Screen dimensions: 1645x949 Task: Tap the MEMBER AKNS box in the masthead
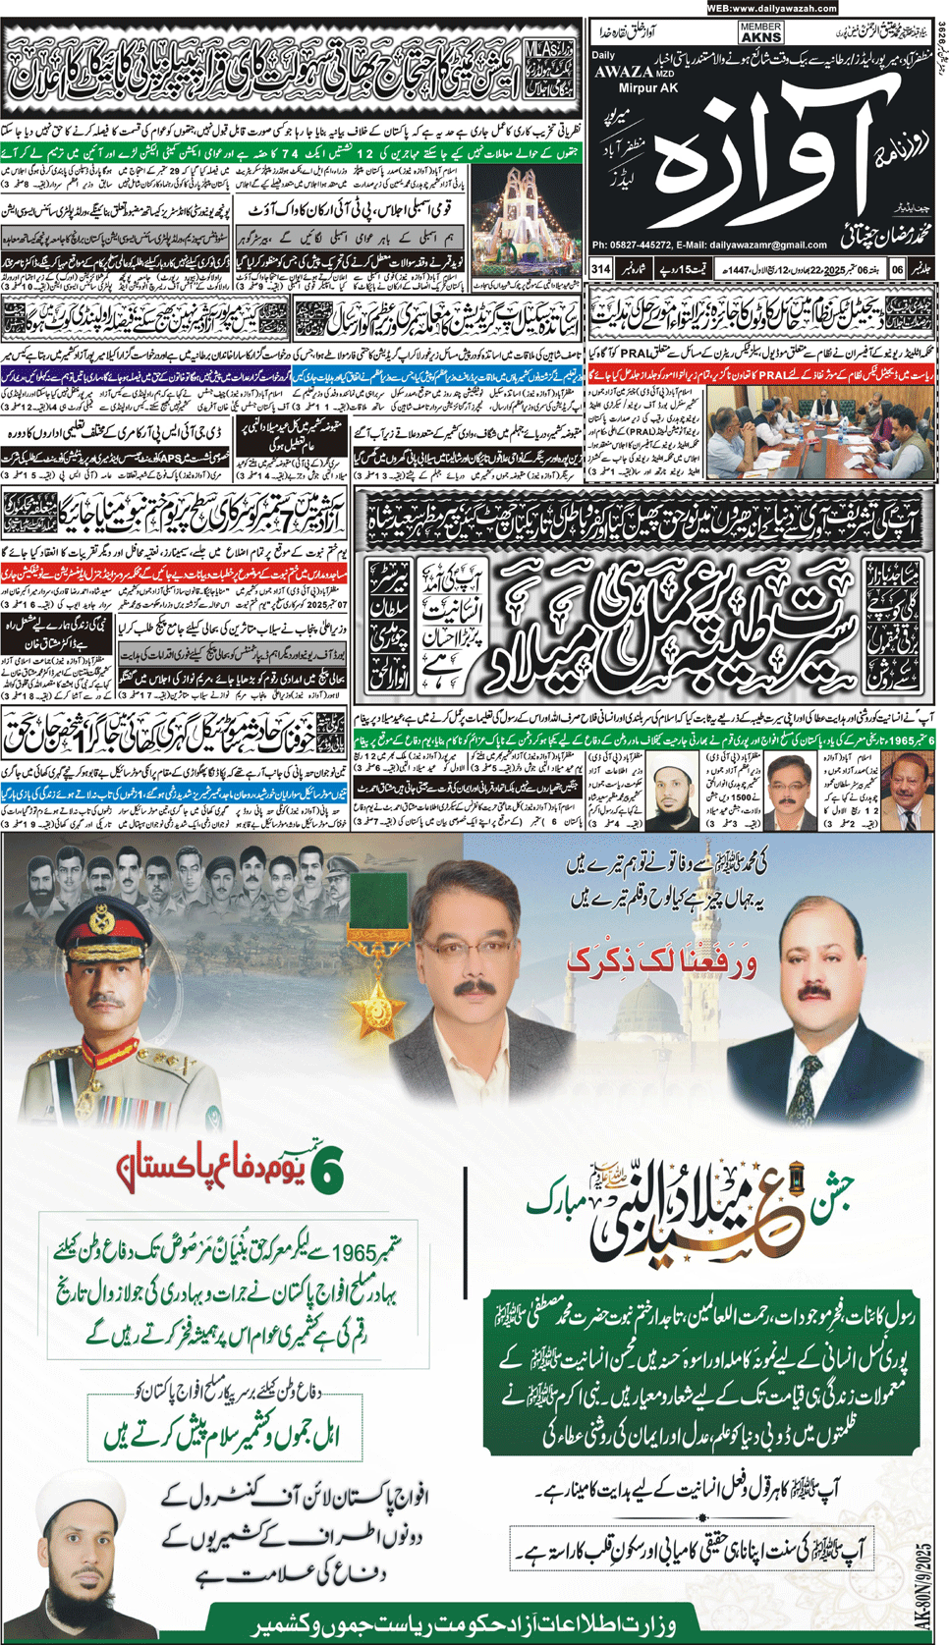tap(761, 31)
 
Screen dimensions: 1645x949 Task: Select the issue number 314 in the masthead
tap(600, 268)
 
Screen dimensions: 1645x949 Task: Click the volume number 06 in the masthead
tap(897, 268)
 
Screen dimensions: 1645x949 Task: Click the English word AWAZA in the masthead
tap(622, 72)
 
